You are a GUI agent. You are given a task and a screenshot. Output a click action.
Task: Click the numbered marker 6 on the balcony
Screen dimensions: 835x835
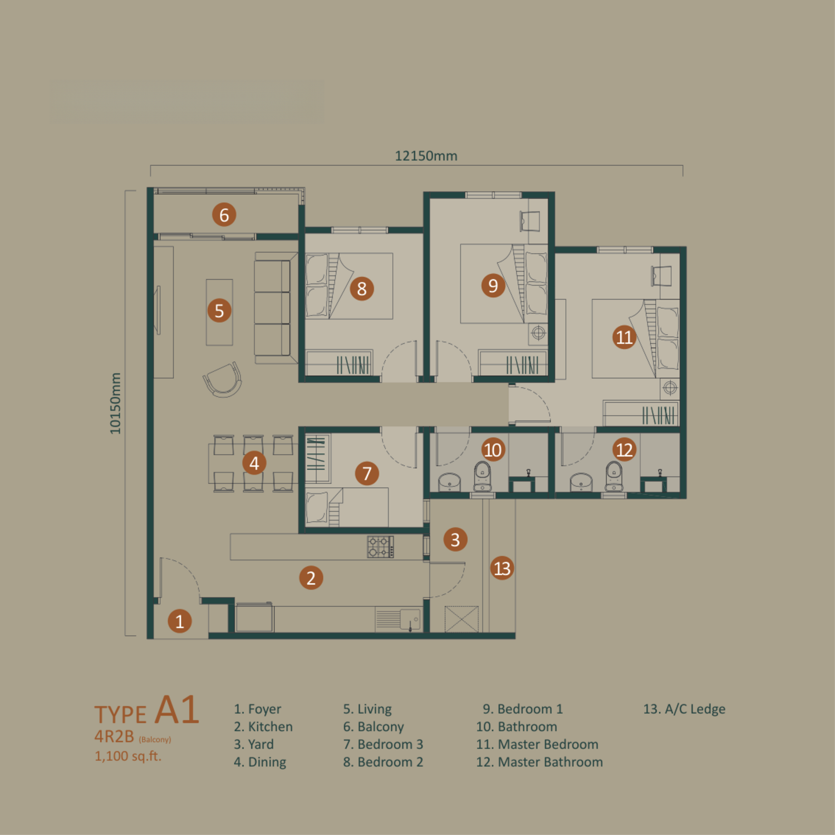tap(224, 215)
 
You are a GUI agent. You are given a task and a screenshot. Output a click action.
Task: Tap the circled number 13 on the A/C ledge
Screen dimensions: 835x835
tap(502, 568)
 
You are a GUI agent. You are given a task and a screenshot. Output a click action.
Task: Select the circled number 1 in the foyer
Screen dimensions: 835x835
tap(179, 621)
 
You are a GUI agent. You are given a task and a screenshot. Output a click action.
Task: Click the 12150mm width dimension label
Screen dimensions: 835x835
tap(426, 156)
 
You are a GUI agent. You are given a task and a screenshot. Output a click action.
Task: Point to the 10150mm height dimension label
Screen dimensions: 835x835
tap(115, 403)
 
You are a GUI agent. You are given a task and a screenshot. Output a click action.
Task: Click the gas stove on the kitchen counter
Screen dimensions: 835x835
tap(381, 547)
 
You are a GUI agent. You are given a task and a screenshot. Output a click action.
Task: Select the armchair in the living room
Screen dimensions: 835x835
tap(223, 380)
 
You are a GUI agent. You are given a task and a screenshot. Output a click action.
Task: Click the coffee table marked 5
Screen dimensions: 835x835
tap(219, 312)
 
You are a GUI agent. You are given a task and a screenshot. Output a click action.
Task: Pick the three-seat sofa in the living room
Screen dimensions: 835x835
tap(273, 308)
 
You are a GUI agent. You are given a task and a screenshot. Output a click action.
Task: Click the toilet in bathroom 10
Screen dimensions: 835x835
tap(482, 477)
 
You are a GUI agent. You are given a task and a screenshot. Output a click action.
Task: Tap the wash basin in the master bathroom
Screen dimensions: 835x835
tap(581, 482)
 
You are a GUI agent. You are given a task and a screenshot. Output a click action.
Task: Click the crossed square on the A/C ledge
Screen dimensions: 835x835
tap(461, 619)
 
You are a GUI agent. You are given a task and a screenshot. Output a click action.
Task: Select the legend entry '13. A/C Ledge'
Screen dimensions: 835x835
tap(684, 709)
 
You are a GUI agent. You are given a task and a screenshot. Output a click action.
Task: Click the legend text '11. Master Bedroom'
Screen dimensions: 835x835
tap(537, 744)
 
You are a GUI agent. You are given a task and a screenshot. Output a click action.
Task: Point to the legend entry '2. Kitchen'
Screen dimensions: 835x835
tap(263, 726)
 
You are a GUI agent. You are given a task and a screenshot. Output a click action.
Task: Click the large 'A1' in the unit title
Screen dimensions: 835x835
tap(177, 710)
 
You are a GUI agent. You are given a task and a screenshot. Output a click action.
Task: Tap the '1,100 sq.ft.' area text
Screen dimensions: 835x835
tap(128, 756)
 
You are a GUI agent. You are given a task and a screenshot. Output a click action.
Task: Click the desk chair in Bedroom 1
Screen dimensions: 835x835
tap(530, 220)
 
